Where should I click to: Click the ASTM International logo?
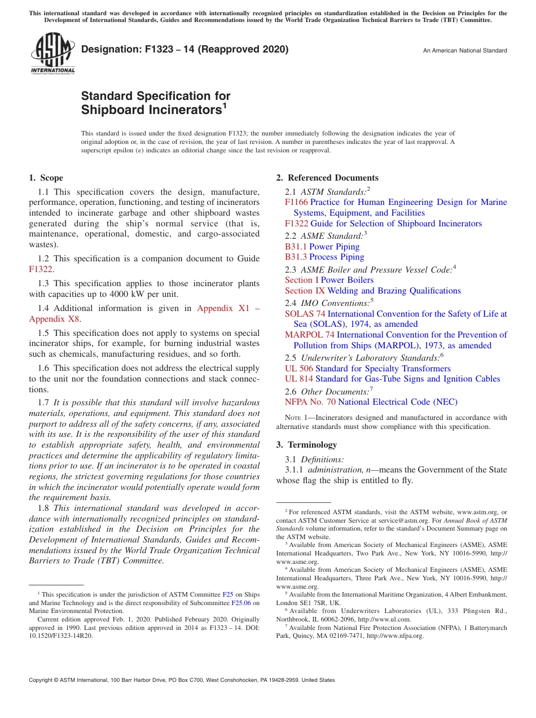click(52, 54)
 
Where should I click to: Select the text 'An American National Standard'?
click(465, 51)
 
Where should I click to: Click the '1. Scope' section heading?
click(46, 178)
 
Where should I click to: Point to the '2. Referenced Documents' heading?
click(327, 178)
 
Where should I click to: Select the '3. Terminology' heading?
click(306, 445)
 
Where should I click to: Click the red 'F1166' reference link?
click(296, 202)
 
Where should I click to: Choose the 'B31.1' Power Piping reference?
click(296, 247)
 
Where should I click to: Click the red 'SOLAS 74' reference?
click(305, 314)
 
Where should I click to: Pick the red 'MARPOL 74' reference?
click(309, 335)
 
